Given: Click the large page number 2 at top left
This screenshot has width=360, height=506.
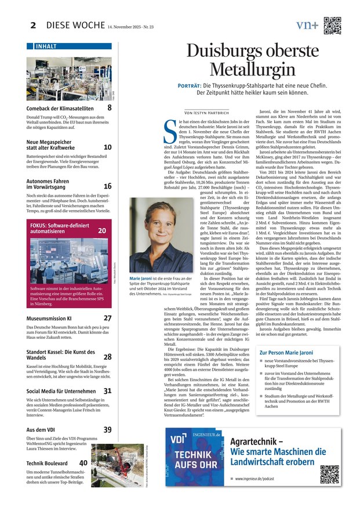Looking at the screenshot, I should [x=33, y=25].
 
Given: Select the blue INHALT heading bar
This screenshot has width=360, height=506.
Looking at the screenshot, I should [x=69, y=46].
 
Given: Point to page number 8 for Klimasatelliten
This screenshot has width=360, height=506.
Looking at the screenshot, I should [x=109, y=107].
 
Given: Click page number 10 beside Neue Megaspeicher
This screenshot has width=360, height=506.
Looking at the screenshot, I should [x=108, y=147].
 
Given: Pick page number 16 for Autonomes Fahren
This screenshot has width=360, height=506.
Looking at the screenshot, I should [x=108, y=186].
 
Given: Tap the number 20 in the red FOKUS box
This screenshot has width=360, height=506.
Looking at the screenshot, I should [x=102, y=230].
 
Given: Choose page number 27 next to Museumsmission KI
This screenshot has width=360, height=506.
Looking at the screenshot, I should [x=108, y=318].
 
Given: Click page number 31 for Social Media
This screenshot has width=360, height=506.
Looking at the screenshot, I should [x=108, y=391].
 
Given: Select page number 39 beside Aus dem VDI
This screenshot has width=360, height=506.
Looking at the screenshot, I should [x=108, y=429].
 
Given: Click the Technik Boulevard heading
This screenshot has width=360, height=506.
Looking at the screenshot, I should [x=47, y=463].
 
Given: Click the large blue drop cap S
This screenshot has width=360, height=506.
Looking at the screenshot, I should [x=172, y=132].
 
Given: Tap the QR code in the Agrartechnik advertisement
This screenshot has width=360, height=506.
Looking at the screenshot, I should [x=330, y=474].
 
